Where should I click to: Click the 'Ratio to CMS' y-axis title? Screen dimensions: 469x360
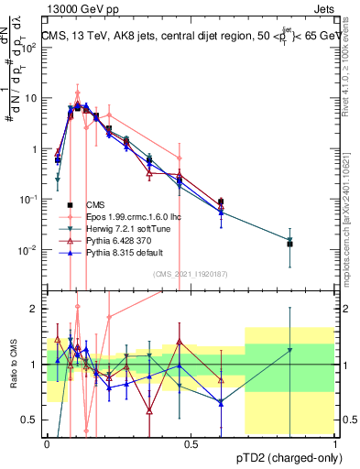click(x=13, y=364)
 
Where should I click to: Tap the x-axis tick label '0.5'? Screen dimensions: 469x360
click(x=191, y=444)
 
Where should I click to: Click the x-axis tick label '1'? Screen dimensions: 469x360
click(x=335, y=444)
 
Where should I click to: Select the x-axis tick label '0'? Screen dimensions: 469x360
click(x=47, y=444)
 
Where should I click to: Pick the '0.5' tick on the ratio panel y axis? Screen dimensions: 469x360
click(x=31, y=420)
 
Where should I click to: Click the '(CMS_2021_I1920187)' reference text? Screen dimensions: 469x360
click(x=191, y=273)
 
